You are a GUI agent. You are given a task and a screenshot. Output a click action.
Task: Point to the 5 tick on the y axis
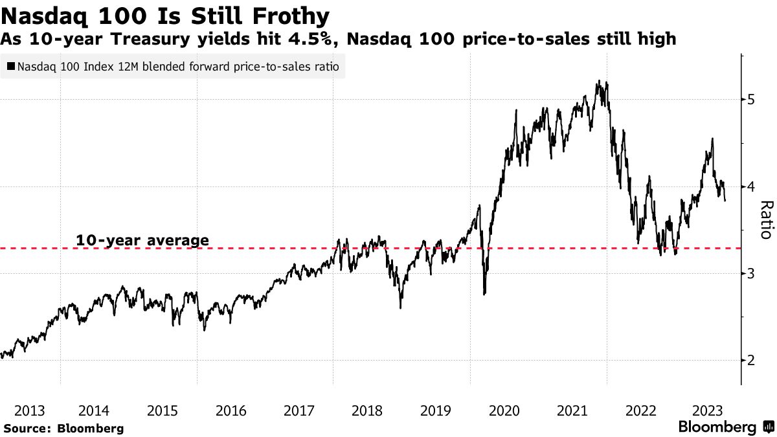pos(750,100)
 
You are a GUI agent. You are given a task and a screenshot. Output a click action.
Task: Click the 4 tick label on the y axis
pos(750,187)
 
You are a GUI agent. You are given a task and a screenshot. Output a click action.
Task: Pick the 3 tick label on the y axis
pos(750,274)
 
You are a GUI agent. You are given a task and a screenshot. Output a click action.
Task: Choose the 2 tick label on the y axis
pos(750,361)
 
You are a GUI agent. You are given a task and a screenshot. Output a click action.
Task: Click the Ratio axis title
pos(765,220)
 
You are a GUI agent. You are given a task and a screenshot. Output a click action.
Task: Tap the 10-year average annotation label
pos(142,241)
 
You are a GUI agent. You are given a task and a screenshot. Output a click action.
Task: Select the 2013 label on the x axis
pos(29,410)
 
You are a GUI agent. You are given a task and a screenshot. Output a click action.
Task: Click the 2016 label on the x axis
pos(231,410)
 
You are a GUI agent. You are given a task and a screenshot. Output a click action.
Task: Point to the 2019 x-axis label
pos(436,410)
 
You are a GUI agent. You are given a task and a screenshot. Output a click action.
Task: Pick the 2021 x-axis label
pos(572,410)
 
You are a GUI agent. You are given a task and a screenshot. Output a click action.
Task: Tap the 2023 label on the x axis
pos(708,410)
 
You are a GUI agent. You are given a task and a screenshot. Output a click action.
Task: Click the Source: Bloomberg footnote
pos(63,429)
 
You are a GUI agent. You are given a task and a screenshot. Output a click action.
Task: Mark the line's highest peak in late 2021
pos(599,81)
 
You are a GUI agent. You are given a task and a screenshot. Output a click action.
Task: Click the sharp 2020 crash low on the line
pos(484,295)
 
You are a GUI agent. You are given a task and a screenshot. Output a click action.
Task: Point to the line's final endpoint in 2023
pos(725,201)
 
